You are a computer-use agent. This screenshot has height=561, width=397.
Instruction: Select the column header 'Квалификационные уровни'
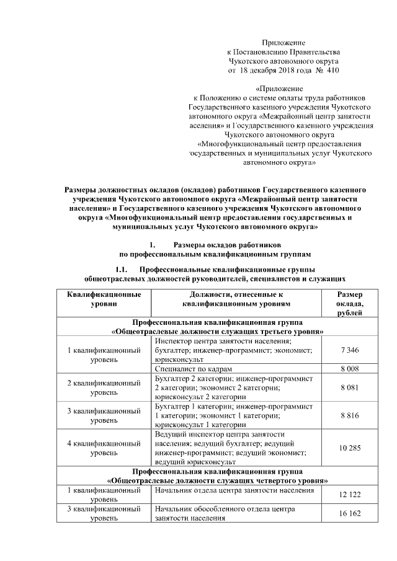tap(104, 299)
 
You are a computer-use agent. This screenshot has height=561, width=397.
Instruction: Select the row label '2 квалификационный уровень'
tap(104, 387)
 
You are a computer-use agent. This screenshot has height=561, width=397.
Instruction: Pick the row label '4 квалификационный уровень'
tap(104, 448)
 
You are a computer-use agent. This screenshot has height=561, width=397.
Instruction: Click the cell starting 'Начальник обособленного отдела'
tap(224, 513)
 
